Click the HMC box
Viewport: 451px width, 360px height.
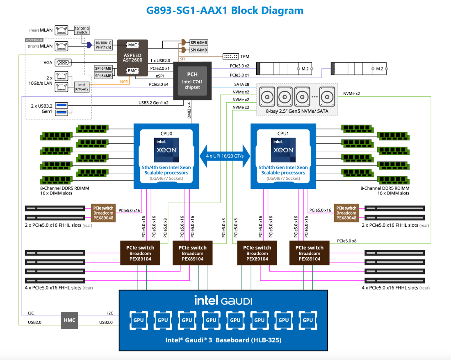point(69,319)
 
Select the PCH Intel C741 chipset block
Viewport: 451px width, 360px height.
point(192,80)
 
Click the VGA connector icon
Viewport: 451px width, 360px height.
point(63,63)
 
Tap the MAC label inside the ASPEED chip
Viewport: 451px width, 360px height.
point(132,45)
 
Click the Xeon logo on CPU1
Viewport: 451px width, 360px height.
point(283,149)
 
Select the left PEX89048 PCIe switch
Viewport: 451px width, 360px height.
point(103,213)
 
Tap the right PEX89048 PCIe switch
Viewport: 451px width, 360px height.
point(346,213)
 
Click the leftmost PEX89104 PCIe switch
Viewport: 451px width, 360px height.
point(140,253)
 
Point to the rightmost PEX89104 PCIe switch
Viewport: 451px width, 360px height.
point(310,253)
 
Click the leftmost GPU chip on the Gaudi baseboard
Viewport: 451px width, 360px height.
point(139,320)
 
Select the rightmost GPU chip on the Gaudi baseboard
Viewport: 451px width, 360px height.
point(308,320)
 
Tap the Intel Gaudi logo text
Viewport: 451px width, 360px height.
point(223,301)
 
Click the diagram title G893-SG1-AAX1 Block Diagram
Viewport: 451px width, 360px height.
point(225,10)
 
